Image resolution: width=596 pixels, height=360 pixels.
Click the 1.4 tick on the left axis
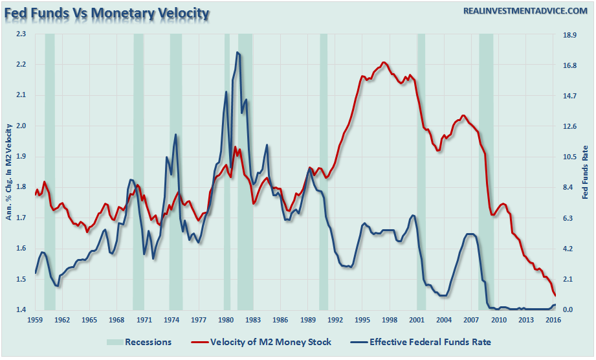(x=23, y=310)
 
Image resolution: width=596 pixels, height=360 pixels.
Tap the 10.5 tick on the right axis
(x=571, y=157)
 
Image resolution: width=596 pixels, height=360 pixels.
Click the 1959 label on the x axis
(x=35, y=320)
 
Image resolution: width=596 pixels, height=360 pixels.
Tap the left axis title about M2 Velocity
(x=9, y=172)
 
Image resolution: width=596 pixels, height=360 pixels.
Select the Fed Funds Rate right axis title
(x=586, y=172)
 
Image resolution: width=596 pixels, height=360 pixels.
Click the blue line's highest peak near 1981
(x=237, y=52)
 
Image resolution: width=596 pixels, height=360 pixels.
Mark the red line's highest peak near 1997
(x=384, y=62)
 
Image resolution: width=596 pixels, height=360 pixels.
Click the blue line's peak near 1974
(x=175, y=135)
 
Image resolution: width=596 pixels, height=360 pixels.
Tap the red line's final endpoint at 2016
(x=555, y=295)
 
